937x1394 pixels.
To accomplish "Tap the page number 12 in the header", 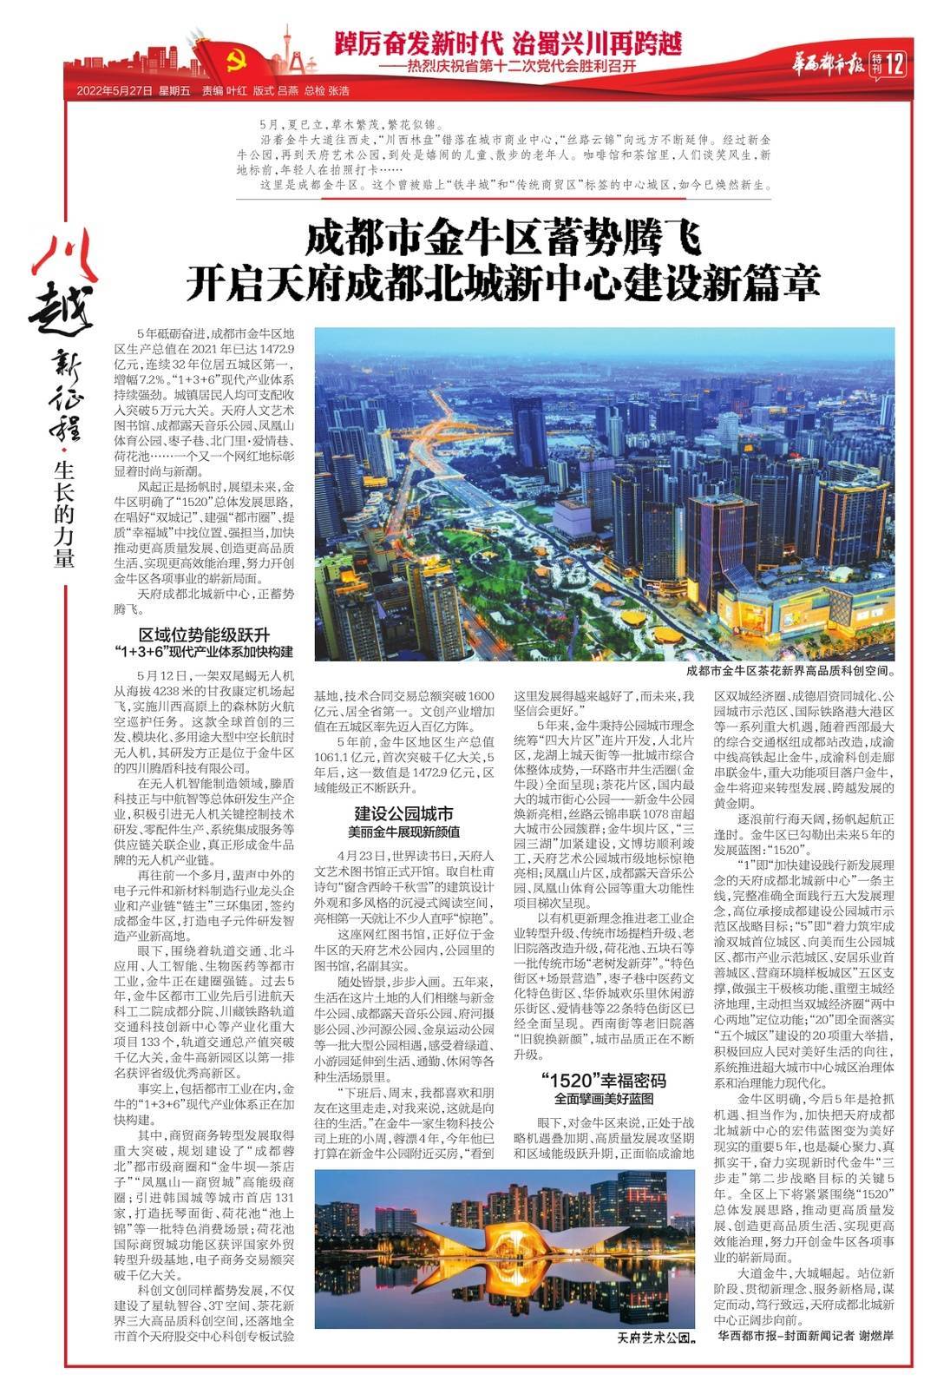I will [x=895, y=63].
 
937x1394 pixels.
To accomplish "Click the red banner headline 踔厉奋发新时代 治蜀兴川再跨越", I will [x=510, y=42].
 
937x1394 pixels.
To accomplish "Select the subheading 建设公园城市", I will [x=404, y=813].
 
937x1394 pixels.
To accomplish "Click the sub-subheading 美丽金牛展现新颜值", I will [x=404, y=832].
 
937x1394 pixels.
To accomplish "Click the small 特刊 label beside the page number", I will [x=877, y=63].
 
